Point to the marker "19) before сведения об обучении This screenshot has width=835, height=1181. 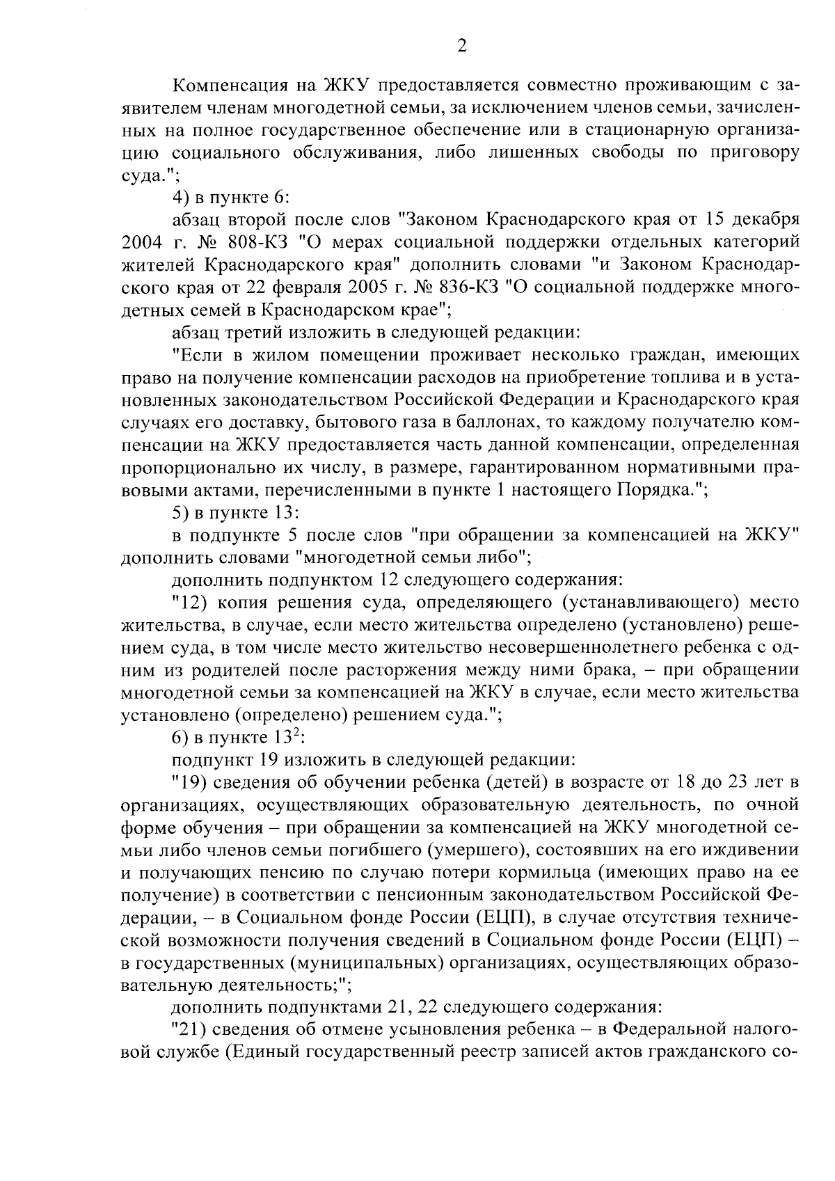[191, 782]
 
